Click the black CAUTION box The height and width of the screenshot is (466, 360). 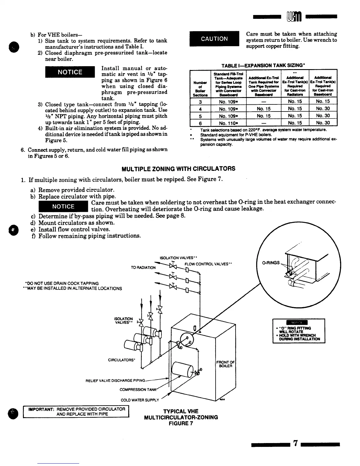tap(214, 39)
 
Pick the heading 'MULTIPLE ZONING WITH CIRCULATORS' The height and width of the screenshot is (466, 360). tap(178, 169)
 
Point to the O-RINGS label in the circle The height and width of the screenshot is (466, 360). tap(271, 263)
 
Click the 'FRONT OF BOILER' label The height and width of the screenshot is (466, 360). tap(226, 364)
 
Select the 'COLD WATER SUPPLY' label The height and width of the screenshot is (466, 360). tap(140, 400)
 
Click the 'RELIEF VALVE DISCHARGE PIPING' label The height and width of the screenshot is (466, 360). tap(115, 381)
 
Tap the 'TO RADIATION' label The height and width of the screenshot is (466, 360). tap(143, 267)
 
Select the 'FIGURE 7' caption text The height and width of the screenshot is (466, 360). tap(181, 423)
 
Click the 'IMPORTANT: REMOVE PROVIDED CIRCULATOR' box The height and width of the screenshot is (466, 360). tap(76, 411)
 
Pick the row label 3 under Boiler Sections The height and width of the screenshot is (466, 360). tap(200, 101)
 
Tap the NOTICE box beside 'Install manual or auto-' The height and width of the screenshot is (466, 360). tap(70, 72)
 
